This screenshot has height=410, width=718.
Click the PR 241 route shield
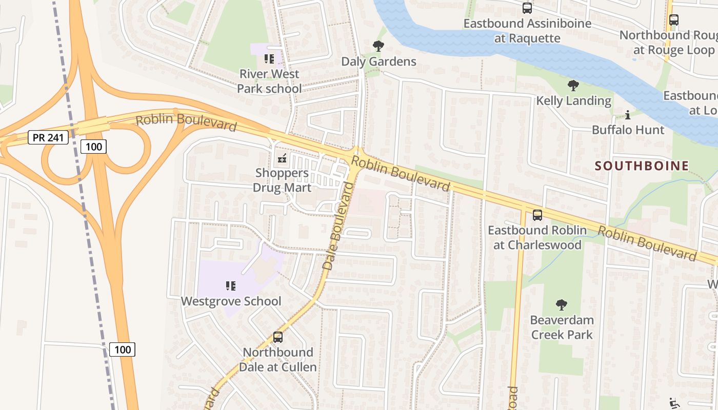tap(48, 137)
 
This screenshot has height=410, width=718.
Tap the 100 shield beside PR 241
tap(93, 147)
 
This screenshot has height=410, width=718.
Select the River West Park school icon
tap(269, 59)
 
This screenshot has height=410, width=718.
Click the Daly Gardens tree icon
tap(378, 47)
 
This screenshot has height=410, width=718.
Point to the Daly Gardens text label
tap(378, 61)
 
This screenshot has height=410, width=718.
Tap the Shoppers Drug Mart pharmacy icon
tap(282, 158)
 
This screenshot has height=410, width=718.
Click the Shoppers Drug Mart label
tap(282, 180)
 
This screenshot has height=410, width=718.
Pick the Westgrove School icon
tap(231, 286)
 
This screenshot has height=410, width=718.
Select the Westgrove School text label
tap(231, 301)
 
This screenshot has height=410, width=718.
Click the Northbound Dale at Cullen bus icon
tap(277, 337)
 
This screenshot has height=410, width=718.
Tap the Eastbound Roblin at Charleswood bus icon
tap(537, 215)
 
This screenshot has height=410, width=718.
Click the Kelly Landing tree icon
tap(573, 86)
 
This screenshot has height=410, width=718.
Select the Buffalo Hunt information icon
tap(628, 115)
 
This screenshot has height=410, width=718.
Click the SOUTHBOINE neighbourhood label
tap(642, 166)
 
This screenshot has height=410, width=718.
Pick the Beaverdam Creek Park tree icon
tap(562, 305)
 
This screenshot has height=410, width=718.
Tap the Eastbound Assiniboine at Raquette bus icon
tap(527, 8)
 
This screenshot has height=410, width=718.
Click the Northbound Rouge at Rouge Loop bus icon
tap(673, 20)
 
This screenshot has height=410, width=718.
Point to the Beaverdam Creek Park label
tap(562, 327)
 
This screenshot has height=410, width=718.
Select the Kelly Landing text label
tap(573, 100)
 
